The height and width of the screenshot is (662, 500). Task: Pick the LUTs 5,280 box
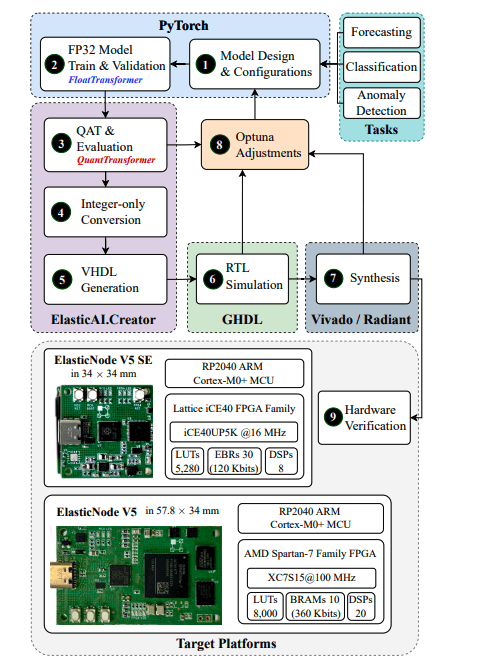186,461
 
